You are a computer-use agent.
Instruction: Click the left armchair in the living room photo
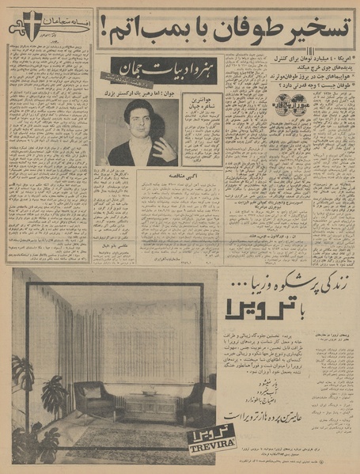pyautogui.click(x=96, y=400)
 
